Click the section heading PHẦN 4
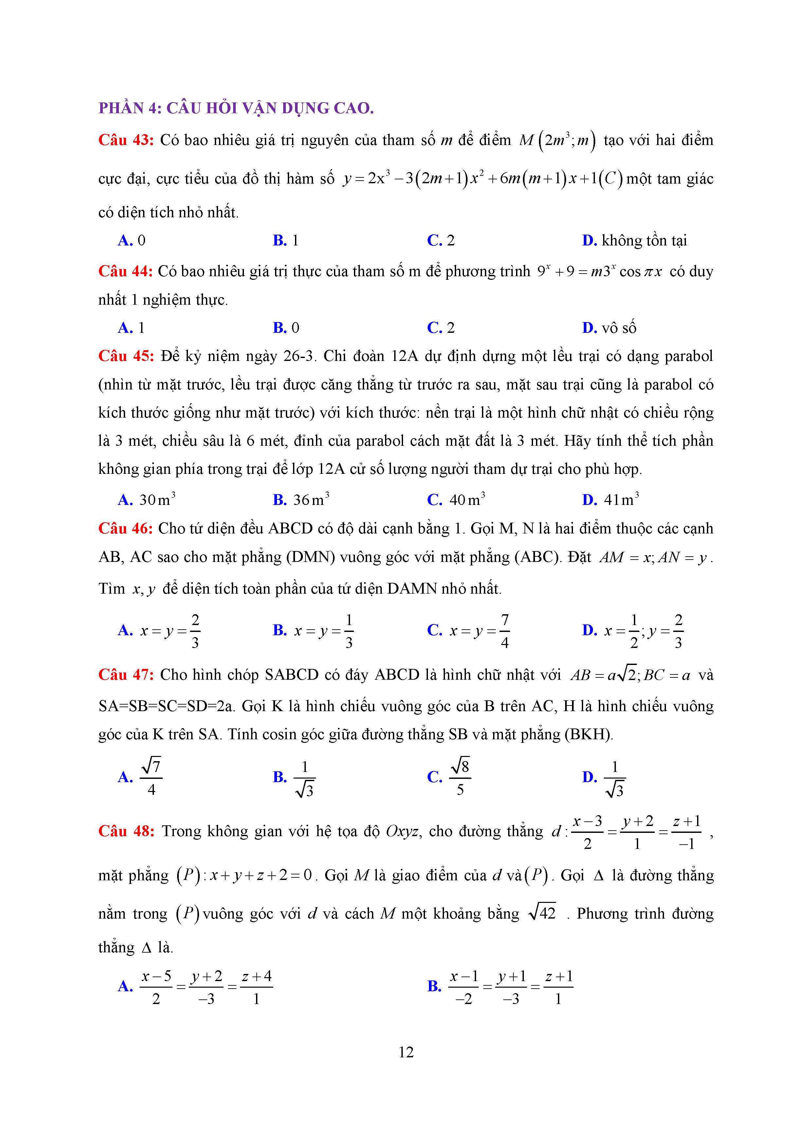236,108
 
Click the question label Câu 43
126,140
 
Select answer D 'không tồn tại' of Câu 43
635,241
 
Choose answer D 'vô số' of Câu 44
609,328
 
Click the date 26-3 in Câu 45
298,356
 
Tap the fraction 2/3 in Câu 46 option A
195,631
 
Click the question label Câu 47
126,675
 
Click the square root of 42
542,913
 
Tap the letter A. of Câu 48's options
125,986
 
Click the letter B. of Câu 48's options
434,986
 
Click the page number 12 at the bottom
406,1052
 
